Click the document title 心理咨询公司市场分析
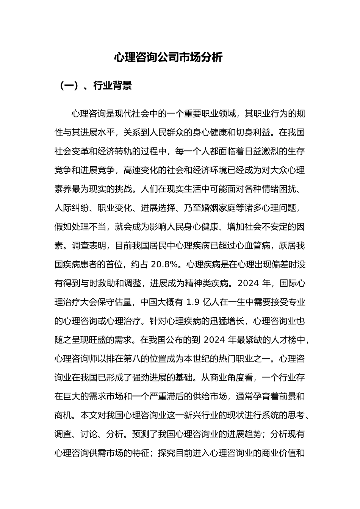(168, 58)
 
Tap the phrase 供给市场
(210, 397)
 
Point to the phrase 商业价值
(278, 453)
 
